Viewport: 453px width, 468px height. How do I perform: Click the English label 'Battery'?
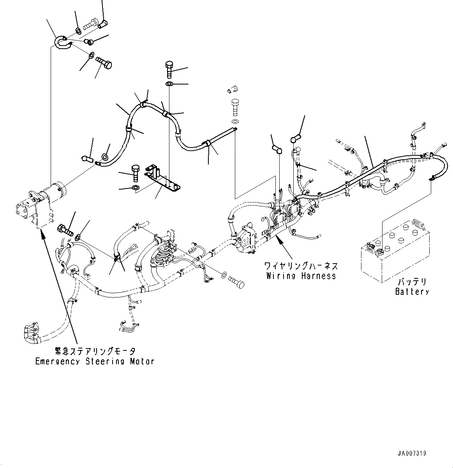click(412, 291)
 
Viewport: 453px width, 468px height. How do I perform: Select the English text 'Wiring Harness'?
click(301, 276)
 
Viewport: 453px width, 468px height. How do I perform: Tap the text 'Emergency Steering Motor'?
click(95, 361)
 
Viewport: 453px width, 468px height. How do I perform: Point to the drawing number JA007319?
click(412, 453)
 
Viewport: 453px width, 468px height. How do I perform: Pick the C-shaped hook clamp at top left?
click(62, 42)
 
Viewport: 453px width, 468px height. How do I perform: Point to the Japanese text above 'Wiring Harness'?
click(301, 267)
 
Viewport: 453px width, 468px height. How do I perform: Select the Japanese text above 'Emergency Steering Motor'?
click(95, 352)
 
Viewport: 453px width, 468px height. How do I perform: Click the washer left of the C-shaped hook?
click(78, 30)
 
